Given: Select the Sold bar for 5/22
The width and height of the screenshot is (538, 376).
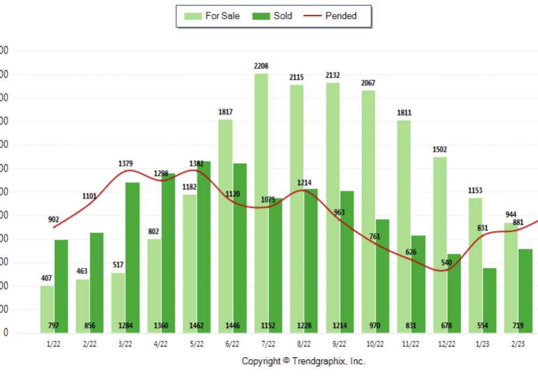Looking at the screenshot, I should point(203,247).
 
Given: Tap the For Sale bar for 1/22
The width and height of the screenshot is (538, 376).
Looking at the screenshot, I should point(47,309).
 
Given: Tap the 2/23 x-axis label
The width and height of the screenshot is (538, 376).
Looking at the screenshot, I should point(518,343).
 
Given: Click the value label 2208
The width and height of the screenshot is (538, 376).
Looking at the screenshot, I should point(261,66).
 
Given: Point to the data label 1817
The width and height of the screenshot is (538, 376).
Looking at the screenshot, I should point(225,112).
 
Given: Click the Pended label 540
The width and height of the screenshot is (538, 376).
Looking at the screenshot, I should point(447,263).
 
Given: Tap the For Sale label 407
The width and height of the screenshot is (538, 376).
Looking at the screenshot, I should point(47,278).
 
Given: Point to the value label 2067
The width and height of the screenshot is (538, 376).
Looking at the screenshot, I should point(369,83).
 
